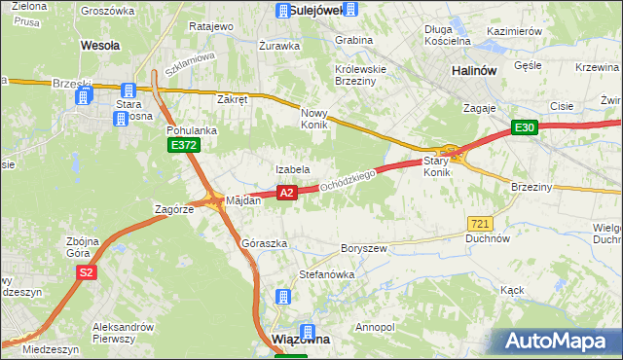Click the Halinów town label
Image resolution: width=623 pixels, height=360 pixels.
tap(476, 71)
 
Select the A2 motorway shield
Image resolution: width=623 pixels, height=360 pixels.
tap(286, 194)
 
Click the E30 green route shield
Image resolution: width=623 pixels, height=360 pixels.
tap(526, 127)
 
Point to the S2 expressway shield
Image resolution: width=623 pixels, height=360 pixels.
tap(86, 273)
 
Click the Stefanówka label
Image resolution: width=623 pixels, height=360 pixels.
tap(326, 274)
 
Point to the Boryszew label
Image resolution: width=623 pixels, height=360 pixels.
tap(364, 248)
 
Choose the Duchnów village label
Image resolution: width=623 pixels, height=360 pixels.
tap(488, 237)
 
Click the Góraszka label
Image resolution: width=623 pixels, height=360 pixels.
tap(263, 242)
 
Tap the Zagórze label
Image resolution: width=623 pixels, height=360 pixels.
tap(176, 209)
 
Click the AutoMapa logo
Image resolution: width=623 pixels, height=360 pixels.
tap(560, 342)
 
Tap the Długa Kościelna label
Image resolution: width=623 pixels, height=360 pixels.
tap(447, 35)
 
